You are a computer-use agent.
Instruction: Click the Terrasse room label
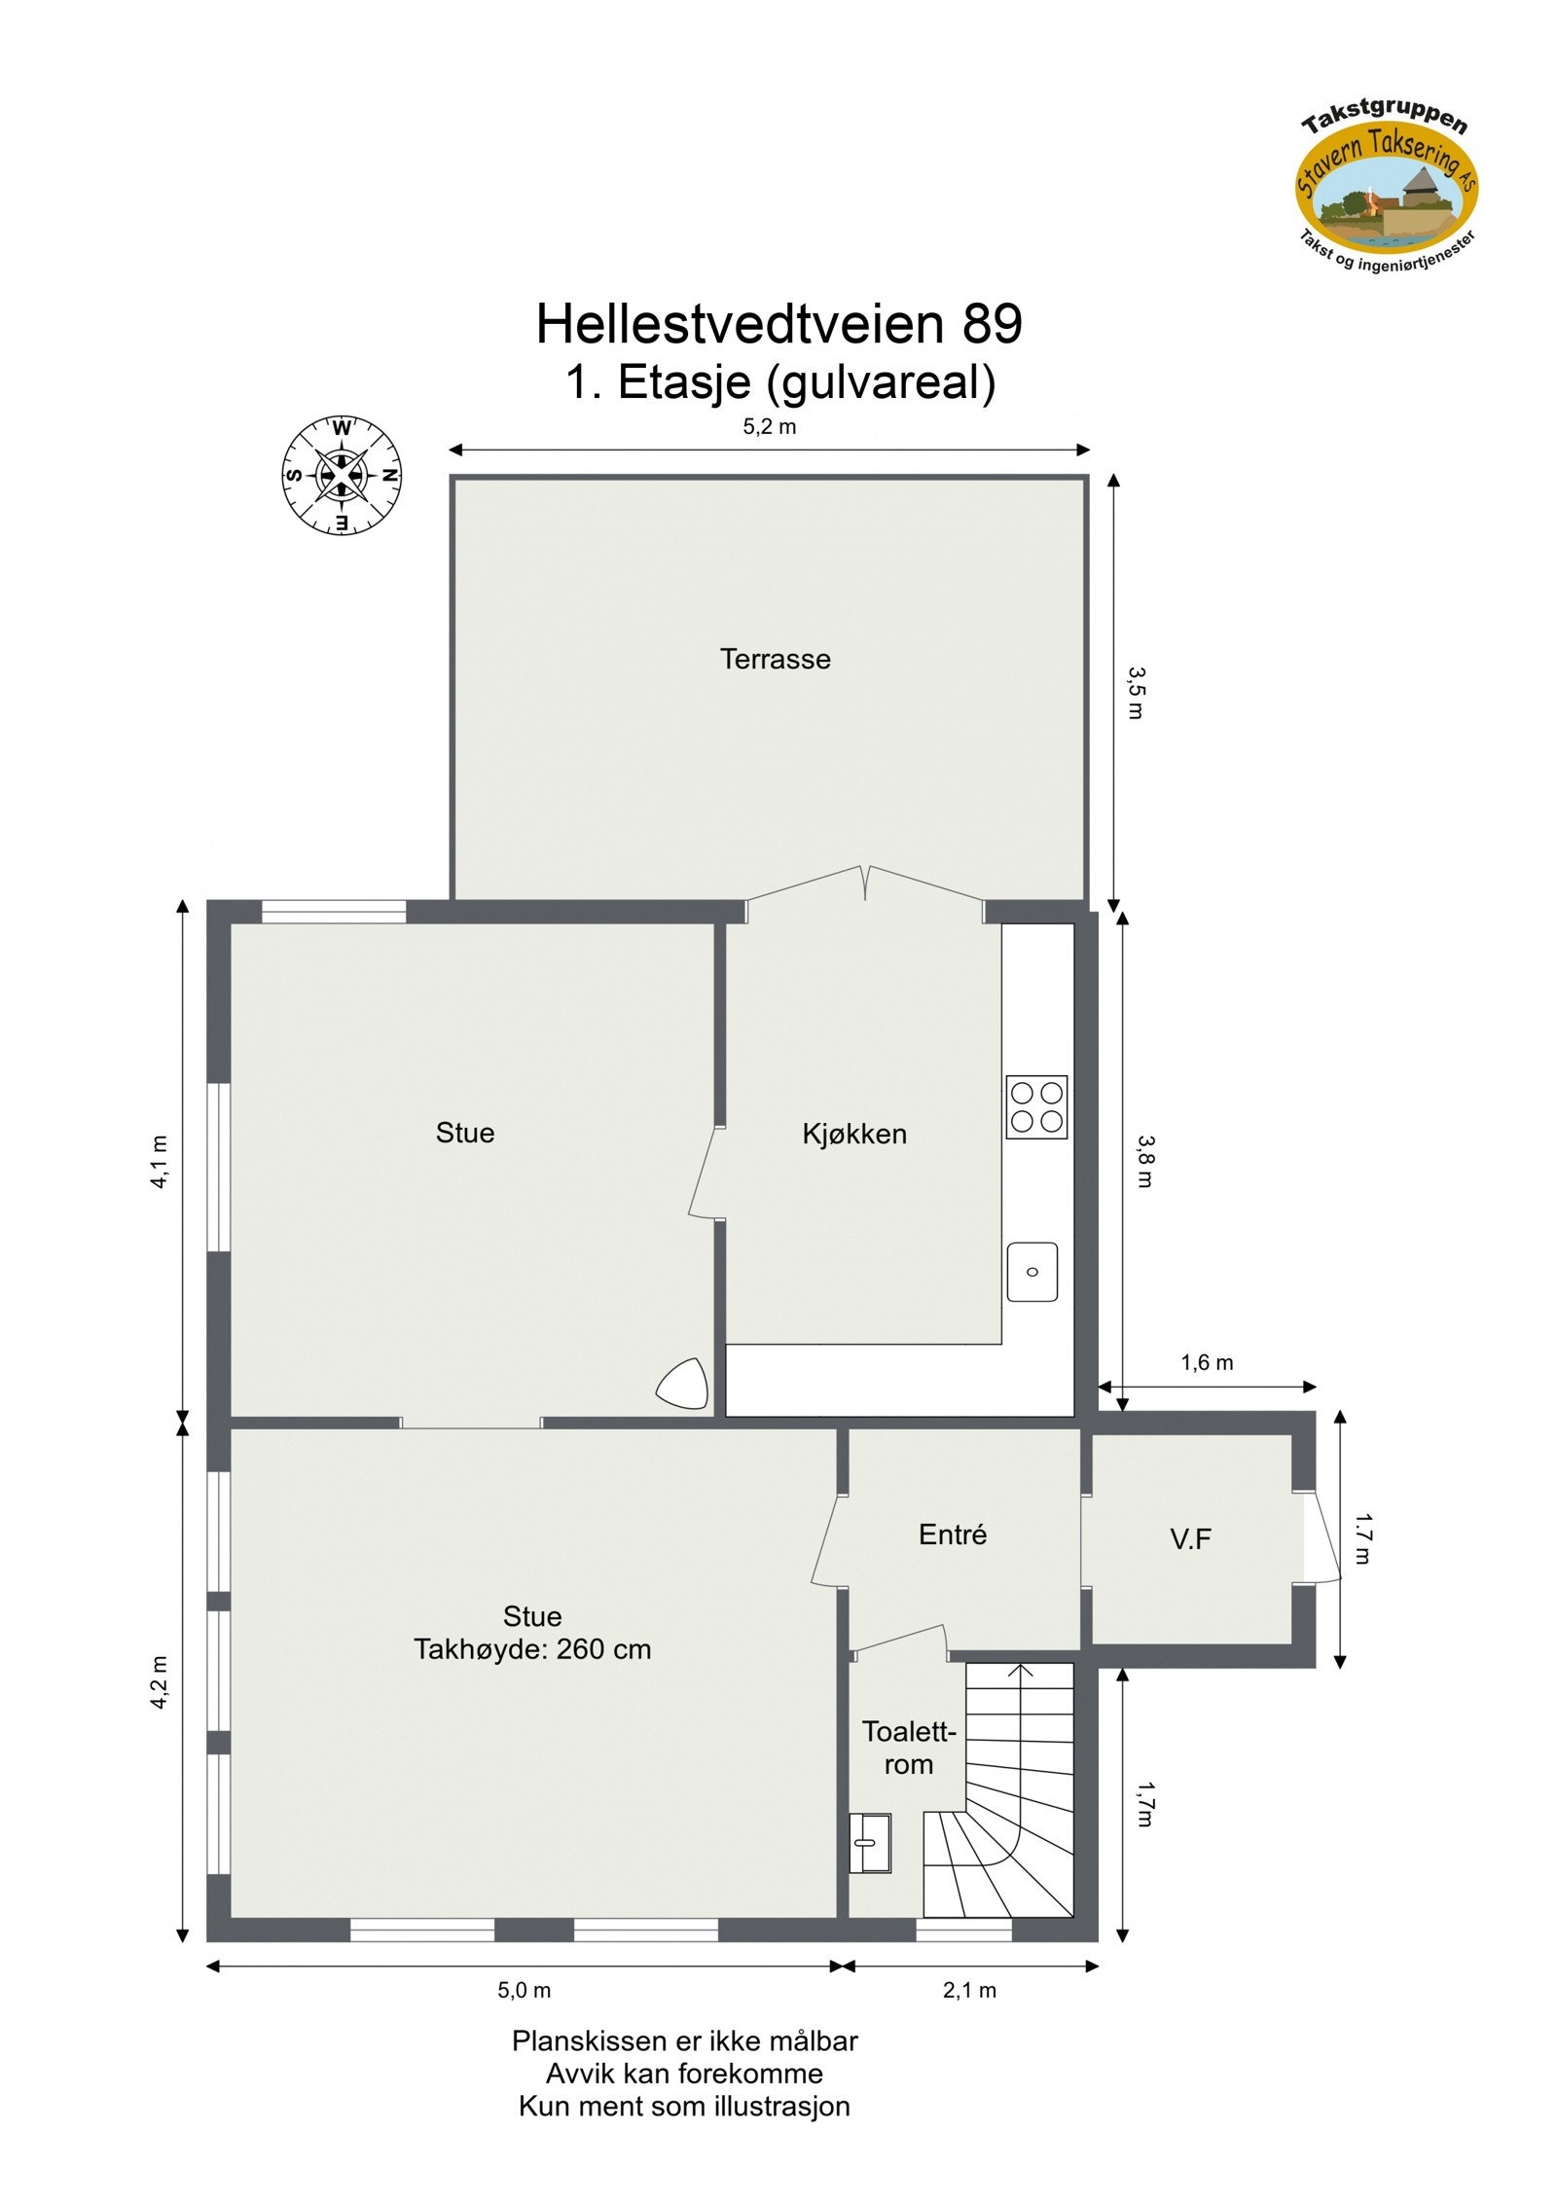[775, 659]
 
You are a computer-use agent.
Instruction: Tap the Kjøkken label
[853, 1134]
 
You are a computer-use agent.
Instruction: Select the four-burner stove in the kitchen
[1036, 1106]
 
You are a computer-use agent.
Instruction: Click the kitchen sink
[1032, 1271]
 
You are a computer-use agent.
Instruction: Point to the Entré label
[952, 1534]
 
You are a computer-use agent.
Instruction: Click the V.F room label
[1190, 1538]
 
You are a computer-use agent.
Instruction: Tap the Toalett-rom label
[909, 1748]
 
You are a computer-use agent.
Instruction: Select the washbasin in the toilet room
[870, 1843]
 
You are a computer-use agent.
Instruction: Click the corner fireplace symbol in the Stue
[683, 1383]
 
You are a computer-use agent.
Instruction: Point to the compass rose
[342, 476]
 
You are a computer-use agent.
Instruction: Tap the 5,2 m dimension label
[769, 427]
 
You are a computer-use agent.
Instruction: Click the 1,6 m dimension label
[1207, 1362]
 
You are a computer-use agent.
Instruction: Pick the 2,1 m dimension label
[969, 1991]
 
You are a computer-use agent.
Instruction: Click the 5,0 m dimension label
[524, 1991]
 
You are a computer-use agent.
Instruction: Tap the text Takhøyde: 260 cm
[532, 1649]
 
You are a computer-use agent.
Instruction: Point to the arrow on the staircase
[1020, 1670]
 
